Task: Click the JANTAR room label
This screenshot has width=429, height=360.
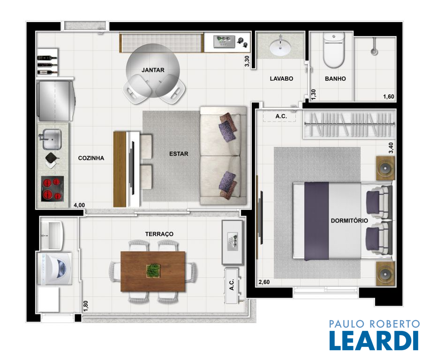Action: (153, 70)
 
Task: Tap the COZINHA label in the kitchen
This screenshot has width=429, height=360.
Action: (91, 158)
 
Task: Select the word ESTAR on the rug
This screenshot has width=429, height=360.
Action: (179, 154)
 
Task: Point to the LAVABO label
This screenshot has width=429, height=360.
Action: (281, 79)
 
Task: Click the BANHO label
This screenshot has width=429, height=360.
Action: (335, 79)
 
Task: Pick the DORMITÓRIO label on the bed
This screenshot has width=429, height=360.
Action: (349, 221)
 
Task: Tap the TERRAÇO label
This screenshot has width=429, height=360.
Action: (159, 234)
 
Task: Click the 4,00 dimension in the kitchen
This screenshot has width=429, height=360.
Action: (79, 205)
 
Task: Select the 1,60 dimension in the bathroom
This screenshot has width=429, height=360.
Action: (389, 96)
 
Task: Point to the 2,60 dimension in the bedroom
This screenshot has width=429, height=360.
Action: (264, 282)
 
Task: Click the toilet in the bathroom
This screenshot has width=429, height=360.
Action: (333, 50)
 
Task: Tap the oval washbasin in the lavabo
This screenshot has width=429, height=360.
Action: (280, 48)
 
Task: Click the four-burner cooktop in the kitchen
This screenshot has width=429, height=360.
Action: (52, 189)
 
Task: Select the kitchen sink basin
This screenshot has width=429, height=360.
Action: (52, 139)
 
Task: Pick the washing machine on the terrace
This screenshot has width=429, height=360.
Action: (54, 268)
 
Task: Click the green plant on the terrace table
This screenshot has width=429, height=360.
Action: (153, 270)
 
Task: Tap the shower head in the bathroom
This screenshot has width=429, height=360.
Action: (373, 51)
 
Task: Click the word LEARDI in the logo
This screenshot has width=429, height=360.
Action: (374, 340)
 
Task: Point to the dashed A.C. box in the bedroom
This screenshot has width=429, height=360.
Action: (279, 116)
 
